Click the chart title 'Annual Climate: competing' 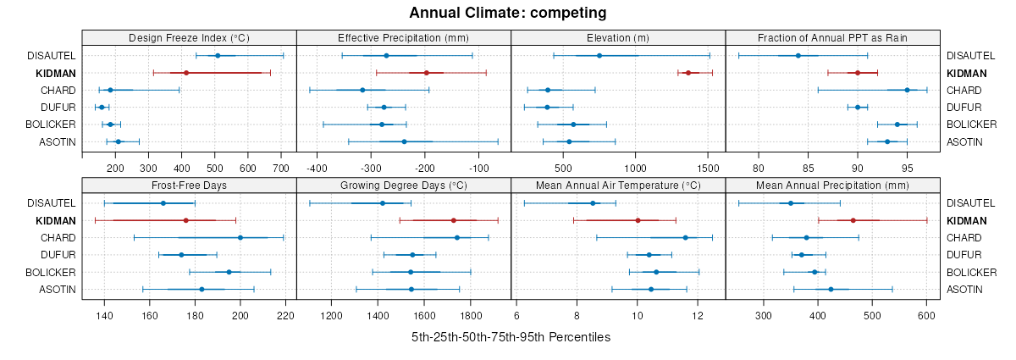point(507,13)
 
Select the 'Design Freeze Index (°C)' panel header point(189,37)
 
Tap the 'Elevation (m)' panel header point(618,37)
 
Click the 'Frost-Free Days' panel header point(189,185)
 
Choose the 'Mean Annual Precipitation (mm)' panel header point(833,185)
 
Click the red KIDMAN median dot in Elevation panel point(688,73)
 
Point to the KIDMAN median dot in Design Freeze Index point(186,73)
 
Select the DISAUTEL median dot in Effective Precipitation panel point(387,56)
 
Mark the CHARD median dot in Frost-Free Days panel point(240,238)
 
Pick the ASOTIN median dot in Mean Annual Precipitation point(831,290)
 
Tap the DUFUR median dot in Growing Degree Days point(412,255)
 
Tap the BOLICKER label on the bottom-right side point(972,273)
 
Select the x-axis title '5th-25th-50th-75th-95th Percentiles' point(511,337)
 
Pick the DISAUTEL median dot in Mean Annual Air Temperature point(593,203)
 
